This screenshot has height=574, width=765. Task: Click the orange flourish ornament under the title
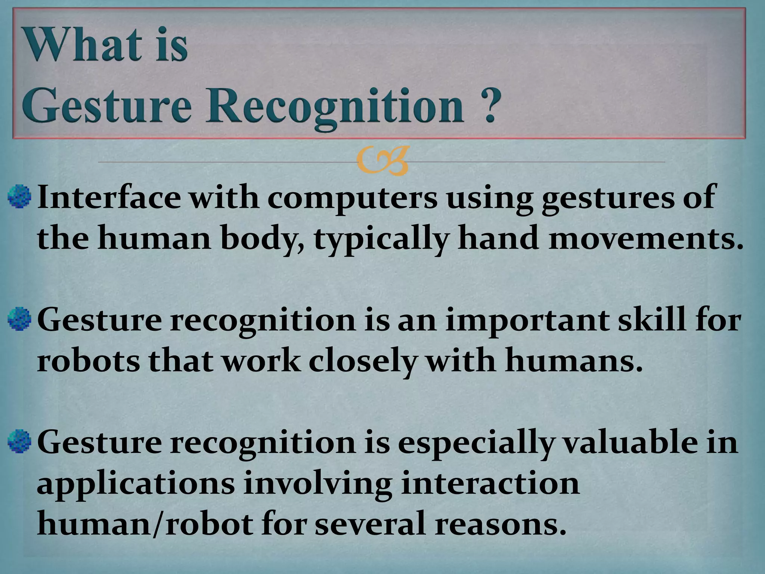pyautogui.click(x=381, y=162)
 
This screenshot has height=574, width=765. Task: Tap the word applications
pyautogui.click(x=136, y=485)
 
